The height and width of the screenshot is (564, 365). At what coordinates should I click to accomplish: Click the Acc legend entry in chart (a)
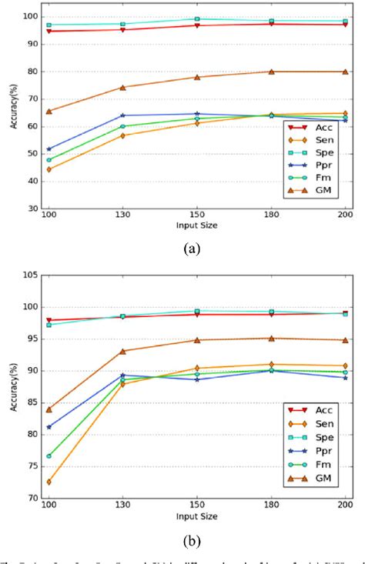[317, 123]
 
